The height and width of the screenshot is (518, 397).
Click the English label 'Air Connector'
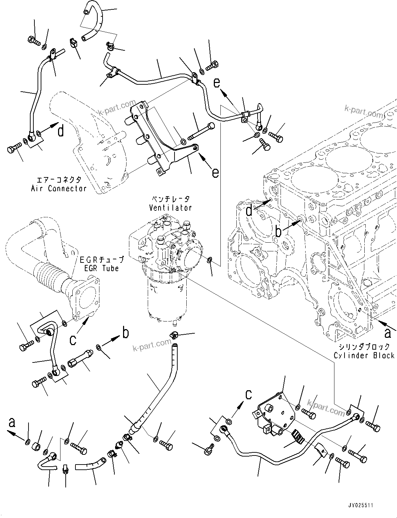58,189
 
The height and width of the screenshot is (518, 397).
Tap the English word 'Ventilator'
170,208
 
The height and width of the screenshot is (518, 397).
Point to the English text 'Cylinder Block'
364,356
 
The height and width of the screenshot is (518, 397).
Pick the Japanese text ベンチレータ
170,199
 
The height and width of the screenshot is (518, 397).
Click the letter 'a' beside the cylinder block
387,333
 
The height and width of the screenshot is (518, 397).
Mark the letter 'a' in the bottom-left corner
12,423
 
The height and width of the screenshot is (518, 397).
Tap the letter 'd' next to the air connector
61,132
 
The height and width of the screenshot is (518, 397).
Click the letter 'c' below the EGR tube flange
73,340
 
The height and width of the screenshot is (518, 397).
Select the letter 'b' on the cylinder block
278,232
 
